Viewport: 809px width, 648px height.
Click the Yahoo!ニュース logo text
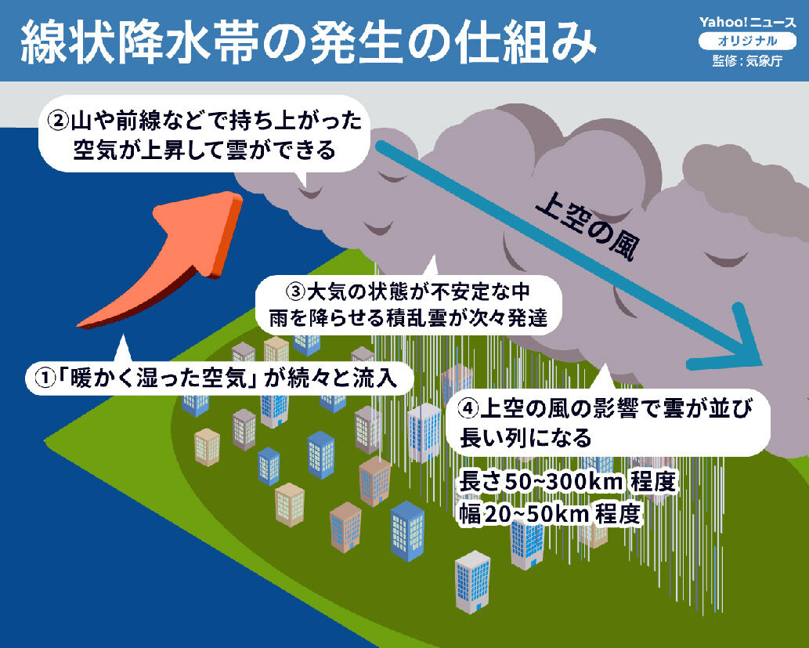click(x=748, y=22)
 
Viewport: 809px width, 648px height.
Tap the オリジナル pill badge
click(x=748, y=42)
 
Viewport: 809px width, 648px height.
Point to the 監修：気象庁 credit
click(x=748, y=61)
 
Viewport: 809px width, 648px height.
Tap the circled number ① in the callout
click(x=45, y=378)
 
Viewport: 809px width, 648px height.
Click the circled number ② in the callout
click(x=58, y=121)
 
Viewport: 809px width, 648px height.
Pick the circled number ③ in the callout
click(x=296, y=291)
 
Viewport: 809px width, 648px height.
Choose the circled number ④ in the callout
click(x=468, y=408)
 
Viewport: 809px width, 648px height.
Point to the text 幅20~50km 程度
click(x=550, y=514)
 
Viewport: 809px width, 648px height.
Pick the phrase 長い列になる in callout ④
click(x=525, y=438)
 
